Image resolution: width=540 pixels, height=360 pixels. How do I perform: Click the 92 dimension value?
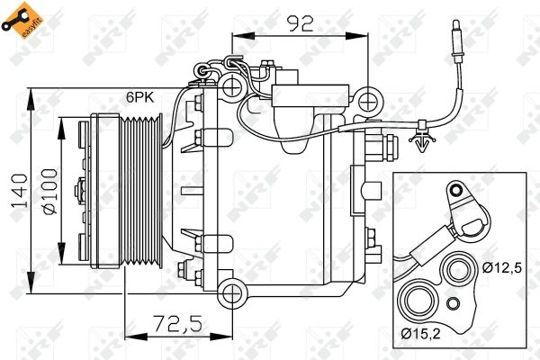click(x=301, y=24)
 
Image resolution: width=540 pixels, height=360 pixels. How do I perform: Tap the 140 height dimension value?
click(x=19, y=191)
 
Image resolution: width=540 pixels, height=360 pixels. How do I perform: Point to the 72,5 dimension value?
click(x=177, y=324)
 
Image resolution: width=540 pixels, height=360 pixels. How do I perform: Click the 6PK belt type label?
click(x=139, y=97)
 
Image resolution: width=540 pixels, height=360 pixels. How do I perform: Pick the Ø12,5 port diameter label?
click(x=502, y=267)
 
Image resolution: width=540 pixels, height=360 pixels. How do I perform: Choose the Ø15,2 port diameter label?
click(x=421, y=334)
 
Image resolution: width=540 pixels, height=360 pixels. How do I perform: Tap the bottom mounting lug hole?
click(x=233, y=293)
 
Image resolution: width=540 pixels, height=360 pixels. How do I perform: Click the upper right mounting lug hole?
click(x=368, y=102)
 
